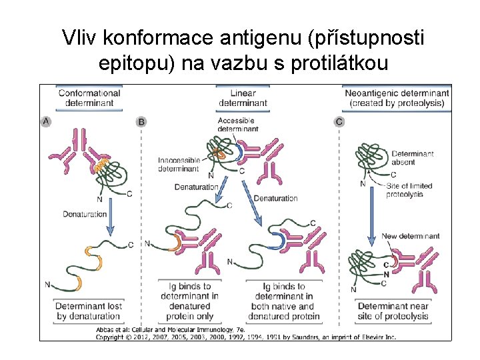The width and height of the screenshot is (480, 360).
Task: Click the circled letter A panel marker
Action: coord(46,121)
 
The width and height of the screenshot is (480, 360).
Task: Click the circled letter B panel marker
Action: coord(141,121)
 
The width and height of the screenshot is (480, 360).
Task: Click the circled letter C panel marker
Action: coord(340,121)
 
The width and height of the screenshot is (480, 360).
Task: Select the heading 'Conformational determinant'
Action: coord(89,98)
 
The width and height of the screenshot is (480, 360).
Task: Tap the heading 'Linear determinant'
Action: coord(242,98)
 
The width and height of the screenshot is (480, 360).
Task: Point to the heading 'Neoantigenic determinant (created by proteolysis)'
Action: coord(397,98)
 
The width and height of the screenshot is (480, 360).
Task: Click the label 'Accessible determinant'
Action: coord(237,124)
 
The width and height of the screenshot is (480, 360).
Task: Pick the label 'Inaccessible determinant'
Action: coord(178,165)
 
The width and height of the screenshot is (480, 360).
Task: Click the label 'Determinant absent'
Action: coord(412,158)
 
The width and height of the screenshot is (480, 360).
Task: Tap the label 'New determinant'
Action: coord(410,236)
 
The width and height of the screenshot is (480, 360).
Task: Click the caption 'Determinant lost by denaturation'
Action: coord(88,311)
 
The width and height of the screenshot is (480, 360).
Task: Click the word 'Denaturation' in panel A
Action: coord(85,214)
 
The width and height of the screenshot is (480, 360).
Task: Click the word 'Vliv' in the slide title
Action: coord(77,38)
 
